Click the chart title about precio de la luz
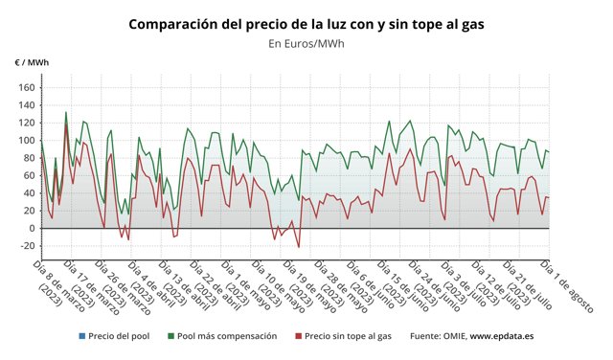click(306, 23)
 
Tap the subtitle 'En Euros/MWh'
click(306, 43)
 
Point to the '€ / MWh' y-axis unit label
click(32, 62)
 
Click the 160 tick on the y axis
click(26, 87)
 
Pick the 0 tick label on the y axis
click(32, 228)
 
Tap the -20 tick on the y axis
click(25, 246)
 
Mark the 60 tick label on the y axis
click(28, 175)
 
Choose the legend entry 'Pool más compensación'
click(227, 336)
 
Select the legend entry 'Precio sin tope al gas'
click(349, 336)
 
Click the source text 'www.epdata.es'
click(502, 336)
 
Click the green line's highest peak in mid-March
click(65, 112)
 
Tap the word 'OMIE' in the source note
click(450, 336)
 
